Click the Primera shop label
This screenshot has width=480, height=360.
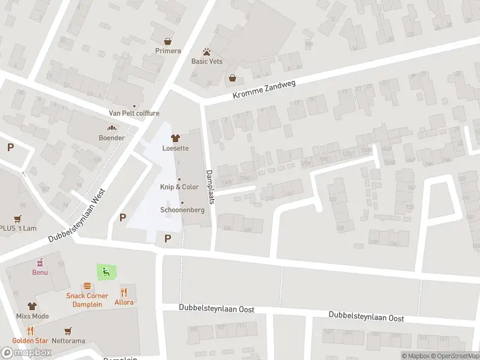pos(167,51)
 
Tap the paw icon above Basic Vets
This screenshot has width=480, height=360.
pos(206,52)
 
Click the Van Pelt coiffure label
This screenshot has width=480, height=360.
pos(134,113)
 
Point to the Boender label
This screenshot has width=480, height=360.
pos(112,138)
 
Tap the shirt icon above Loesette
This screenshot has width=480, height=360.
pos(175,138)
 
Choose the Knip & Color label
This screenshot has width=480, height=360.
pos(179,187)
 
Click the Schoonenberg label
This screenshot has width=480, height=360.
pos(182,210)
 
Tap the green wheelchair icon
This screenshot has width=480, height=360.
pos(105,272)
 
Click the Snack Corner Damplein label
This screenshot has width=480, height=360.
pos(87,300)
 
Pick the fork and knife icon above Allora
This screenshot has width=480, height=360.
pos(124,292)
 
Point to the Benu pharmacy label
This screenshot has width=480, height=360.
pos(40,272)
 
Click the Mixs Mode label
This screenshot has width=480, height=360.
pos(32,316)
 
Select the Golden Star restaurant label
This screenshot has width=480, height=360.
pos(30,341)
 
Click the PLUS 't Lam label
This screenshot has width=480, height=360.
pos(18,228)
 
